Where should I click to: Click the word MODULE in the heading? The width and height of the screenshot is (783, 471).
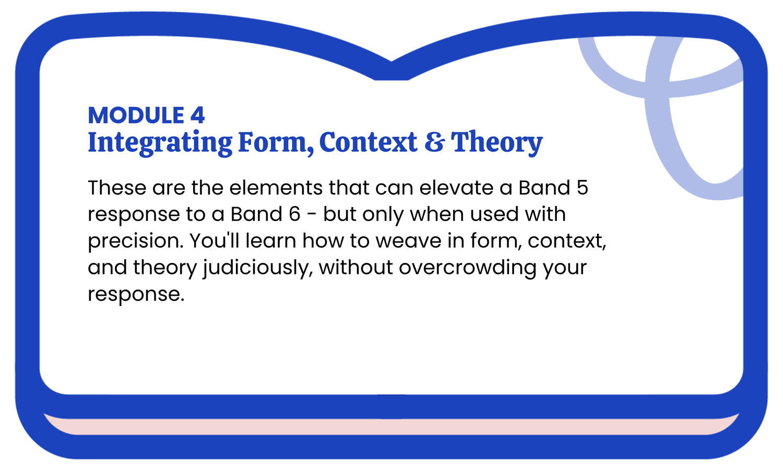136,115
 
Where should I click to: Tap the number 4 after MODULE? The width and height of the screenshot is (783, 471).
197,115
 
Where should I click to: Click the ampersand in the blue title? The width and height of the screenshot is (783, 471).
435,142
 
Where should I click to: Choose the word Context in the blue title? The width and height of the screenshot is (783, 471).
368,142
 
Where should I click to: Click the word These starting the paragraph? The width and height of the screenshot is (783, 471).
117,188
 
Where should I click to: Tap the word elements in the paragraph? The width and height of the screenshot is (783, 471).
276,188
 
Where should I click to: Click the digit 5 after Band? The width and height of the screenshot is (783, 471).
583,188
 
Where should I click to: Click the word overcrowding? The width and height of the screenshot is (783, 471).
467,268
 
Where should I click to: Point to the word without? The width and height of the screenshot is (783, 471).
355,267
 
